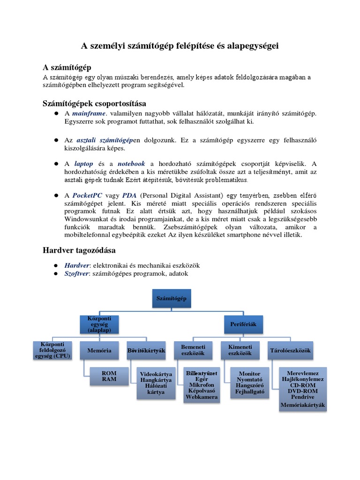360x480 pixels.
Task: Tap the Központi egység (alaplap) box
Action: click(99, 324)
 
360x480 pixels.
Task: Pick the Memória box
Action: click(99, 350)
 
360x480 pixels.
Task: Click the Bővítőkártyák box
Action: click(146, 350)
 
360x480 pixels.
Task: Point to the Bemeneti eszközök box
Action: click(193, 350)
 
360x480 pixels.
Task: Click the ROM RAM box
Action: click(109, 376)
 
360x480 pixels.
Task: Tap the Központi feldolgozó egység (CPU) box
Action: click(52, 350)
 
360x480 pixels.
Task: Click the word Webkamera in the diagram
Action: click(202, 397)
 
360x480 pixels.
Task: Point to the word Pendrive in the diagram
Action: click(302, 396)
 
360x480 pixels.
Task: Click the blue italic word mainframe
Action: click(89, 113)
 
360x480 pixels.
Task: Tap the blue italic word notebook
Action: click(131, 164)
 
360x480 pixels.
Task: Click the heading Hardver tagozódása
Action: click(79, 250)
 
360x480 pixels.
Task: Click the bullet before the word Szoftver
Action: click(55, 273)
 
